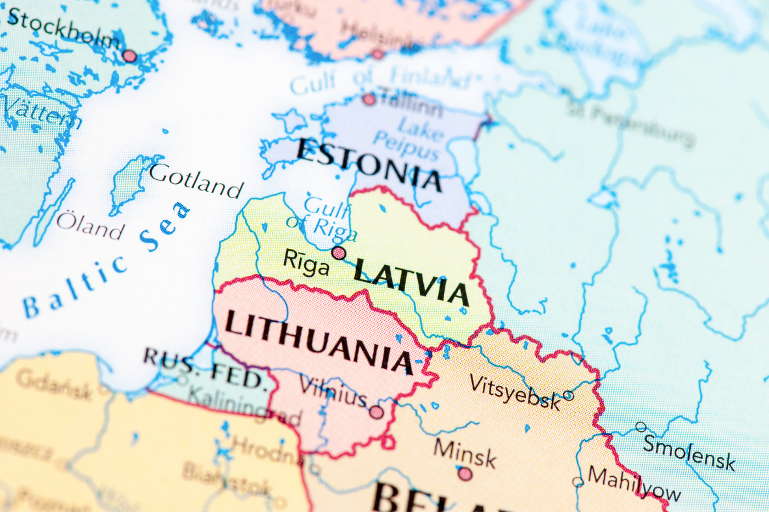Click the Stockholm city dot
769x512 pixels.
[130, 56]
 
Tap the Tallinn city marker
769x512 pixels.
[369, 99]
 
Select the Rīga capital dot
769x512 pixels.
[339, 253]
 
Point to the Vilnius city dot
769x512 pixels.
[376, 412]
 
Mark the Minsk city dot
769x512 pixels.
[465, 474]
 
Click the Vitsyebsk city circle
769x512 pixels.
[568, 395]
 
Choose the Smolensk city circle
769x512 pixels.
[641, 427]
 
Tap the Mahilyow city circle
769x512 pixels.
[578, 481]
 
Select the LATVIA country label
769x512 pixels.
[411, 281]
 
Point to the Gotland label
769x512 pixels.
[196, 181]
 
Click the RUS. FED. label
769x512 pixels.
[205, 367]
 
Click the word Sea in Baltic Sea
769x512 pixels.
[166, 227]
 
